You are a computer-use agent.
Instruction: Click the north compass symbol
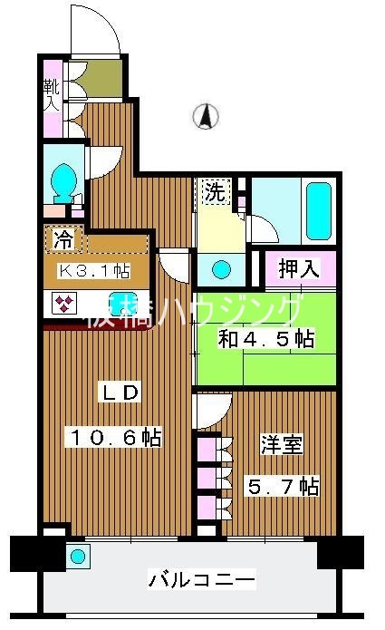(207, 116)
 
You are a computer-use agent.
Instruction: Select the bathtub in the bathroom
(320, 209)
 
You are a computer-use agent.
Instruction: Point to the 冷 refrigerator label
(64, 239)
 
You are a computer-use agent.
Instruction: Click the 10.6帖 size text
(116, 438)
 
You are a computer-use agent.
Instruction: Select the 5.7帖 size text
(283, 487)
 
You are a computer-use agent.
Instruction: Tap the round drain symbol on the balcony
(79, 556)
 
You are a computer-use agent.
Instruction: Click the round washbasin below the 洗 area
(220, 269)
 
